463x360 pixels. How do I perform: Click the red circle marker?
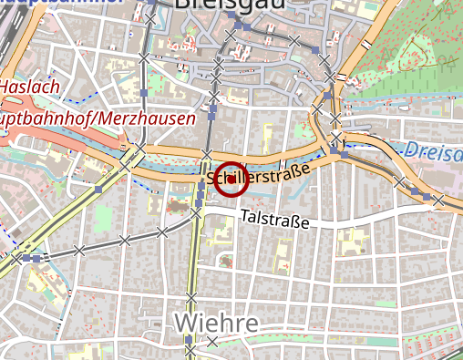(x=232, y=179)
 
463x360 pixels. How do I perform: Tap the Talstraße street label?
(x=274, y=221)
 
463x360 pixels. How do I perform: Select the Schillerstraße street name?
(x=260, y=173)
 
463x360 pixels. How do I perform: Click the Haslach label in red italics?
(x=30, y=87)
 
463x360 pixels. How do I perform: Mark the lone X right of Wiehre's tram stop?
(x=212, y=342)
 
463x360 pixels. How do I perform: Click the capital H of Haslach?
(x=5, y=87)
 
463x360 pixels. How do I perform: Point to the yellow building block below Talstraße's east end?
(x=350, y=241)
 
